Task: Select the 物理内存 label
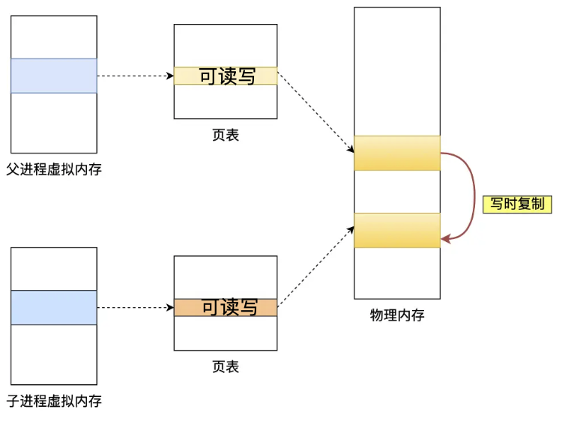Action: click(x=397, y=315)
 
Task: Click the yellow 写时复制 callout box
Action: click(x=517, y=204)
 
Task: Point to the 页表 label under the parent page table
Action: click(x=226, y=135)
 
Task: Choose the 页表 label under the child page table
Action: click(x=226, y=367)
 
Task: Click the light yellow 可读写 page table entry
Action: click(x=226, y=76)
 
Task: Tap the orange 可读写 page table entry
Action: click(x=226, y=307)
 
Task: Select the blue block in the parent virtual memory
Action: click(x=54, y=76)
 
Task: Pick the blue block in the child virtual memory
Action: click(x=54, y=307)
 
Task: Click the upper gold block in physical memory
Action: click(x=397, y=153)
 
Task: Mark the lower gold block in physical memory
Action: click(x=397, y=230)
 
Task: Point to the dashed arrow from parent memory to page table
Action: click(x=135, y=76)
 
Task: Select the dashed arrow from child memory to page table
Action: click(x=135, y=307)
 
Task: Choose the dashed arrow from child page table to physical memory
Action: click(x=315, y=267)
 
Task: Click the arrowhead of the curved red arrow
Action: click(x=446, y=239)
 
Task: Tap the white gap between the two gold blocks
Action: click(x=397, y=192)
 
